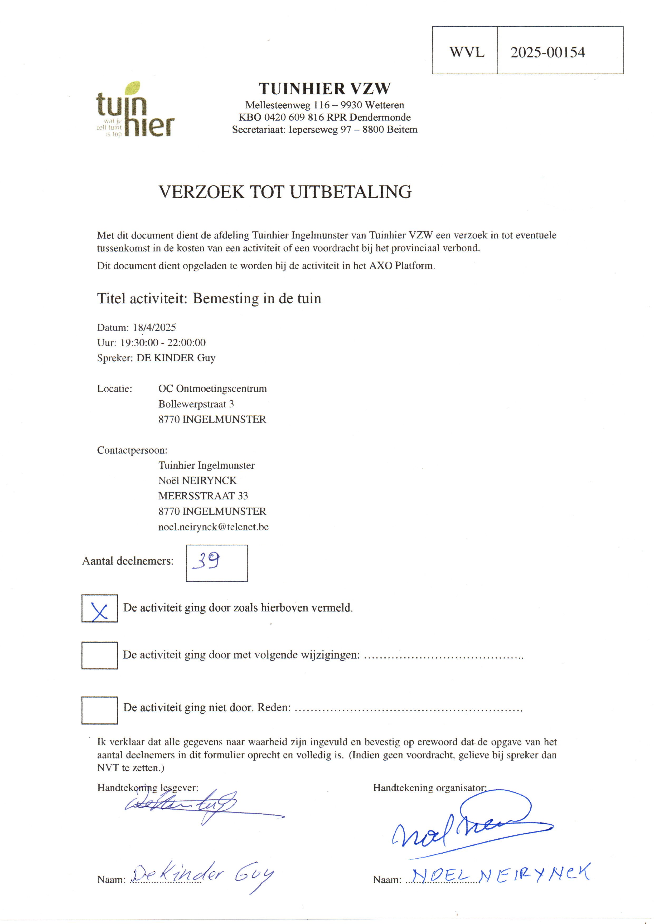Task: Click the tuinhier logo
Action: pos(135,110)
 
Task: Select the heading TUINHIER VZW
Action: pos(324,89)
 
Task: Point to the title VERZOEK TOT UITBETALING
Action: pos(285,192)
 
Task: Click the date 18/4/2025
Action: pos(154,327)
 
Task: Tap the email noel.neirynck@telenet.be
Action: pos(213,527)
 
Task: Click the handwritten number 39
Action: pos(206,561)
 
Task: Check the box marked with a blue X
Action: pos(99,608)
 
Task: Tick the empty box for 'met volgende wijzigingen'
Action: pos(99,655)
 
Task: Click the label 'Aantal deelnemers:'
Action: pos(128,561)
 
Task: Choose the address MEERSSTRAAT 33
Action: pos(203,496)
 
